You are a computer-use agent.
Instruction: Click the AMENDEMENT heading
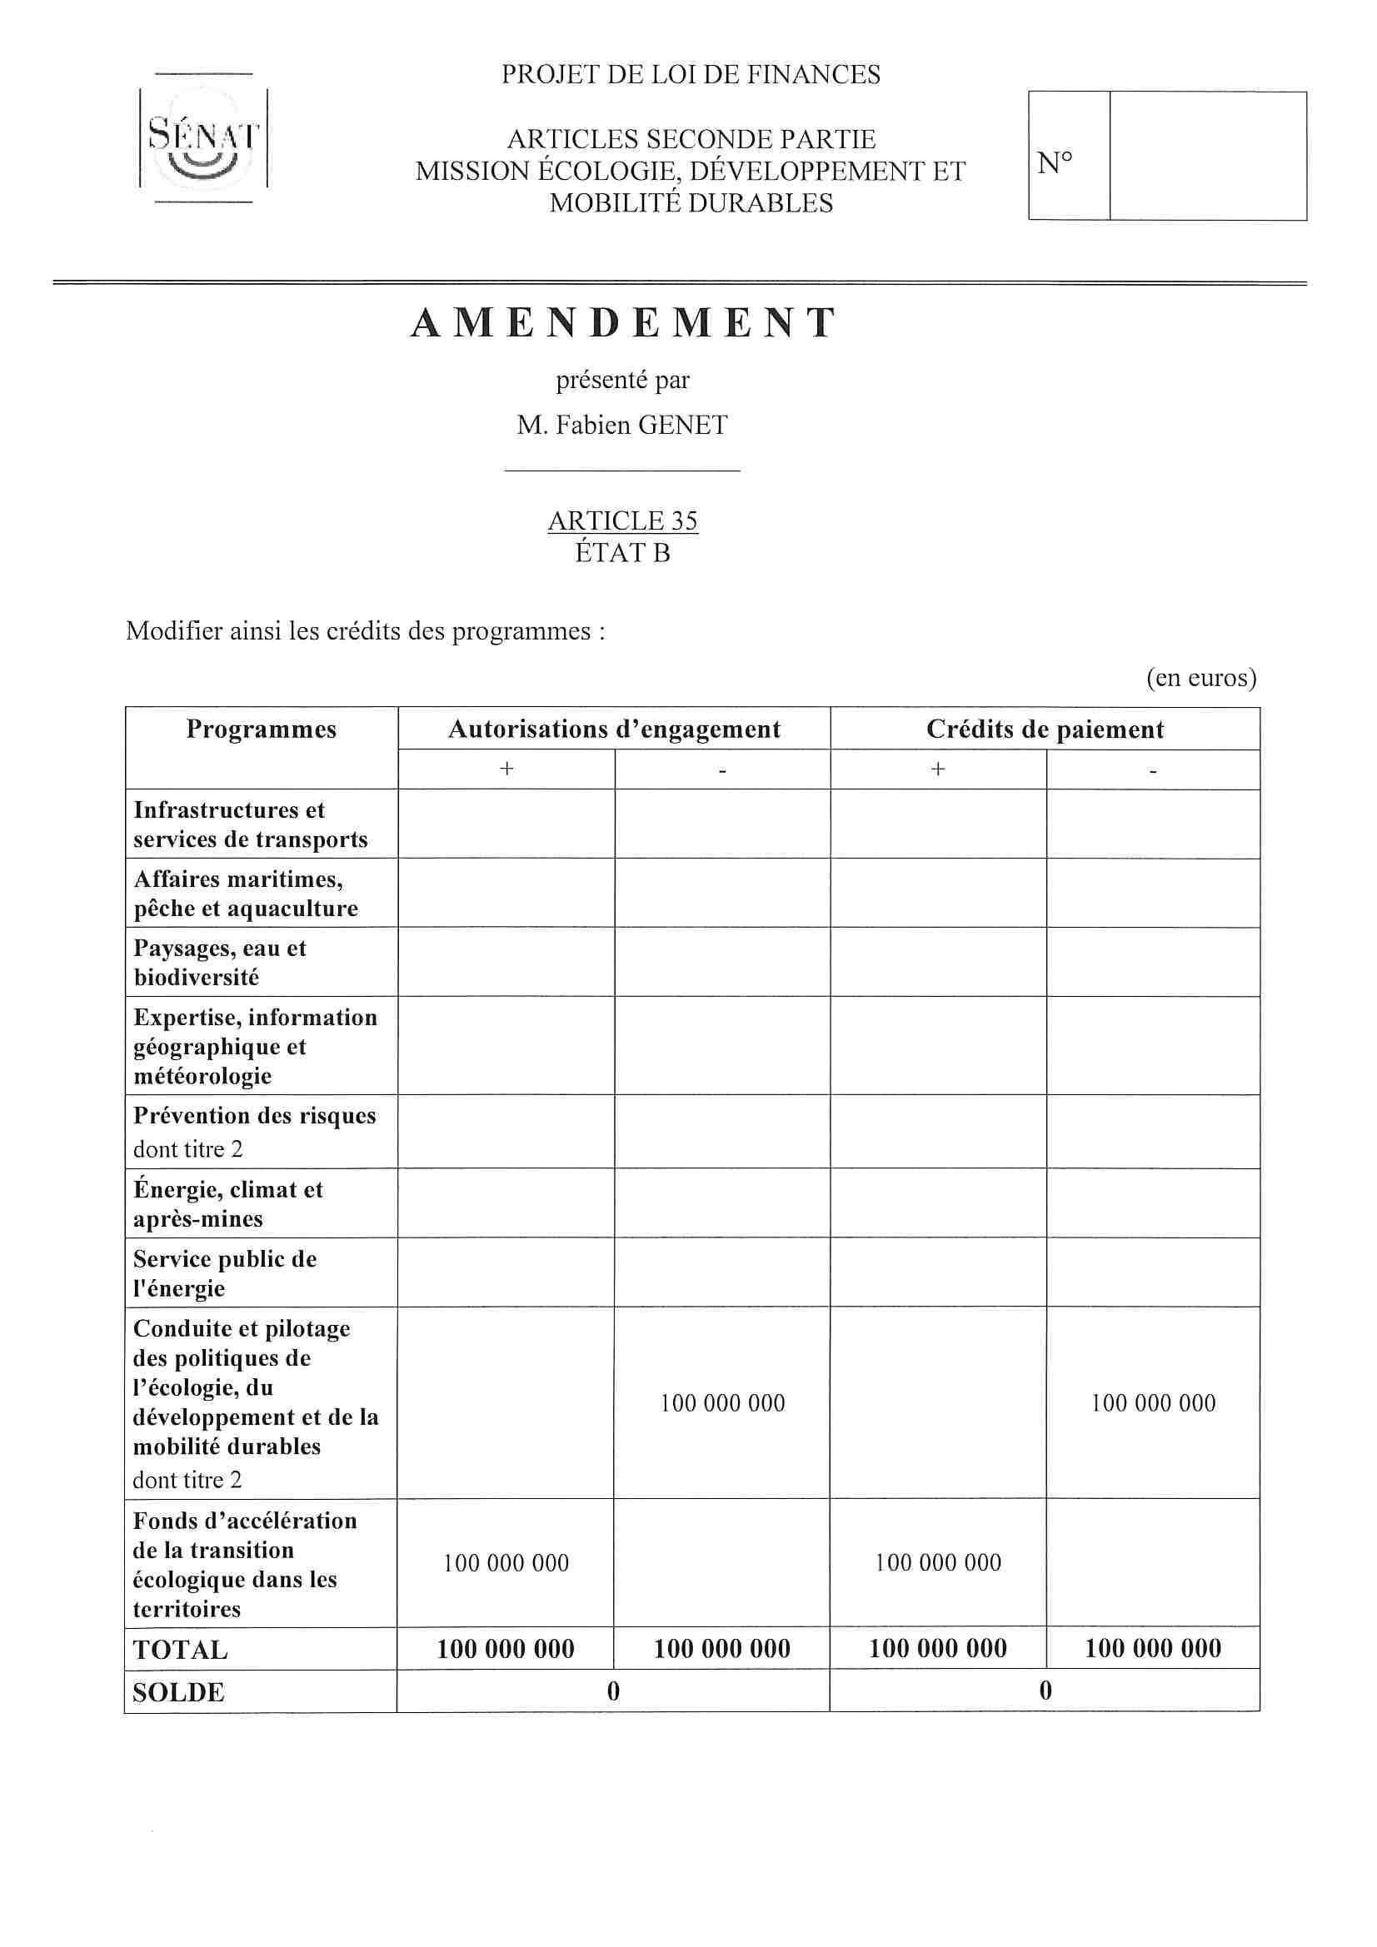click(624, 323)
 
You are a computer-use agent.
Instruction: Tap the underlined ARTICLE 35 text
click(623, 520)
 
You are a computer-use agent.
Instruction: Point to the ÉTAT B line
click(623, 553)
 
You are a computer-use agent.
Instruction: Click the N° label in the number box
click(1055, 161)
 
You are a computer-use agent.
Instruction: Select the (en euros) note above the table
click(1200, 678)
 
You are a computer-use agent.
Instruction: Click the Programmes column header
click(262, 730)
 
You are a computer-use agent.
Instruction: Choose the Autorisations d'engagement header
click(613, 730)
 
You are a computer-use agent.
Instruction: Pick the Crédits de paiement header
click(1045, 730)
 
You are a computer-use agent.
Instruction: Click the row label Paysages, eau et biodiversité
click(219, 963)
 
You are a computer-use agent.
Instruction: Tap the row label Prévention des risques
click(254, 1116)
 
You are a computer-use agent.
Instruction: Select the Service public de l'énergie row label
click(224, 1273)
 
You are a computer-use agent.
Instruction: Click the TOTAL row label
click(180, 1651)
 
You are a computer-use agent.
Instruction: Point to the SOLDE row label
click(178, 1693)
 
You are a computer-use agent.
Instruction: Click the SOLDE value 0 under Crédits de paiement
click(1045, 1691)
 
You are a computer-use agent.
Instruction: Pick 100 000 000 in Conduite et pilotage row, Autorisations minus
click(722, 1403)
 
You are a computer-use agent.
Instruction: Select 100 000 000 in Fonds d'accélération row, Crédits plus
click(937, 1563)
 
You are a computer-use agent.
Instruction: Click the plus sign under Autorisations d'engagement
click(506, 769)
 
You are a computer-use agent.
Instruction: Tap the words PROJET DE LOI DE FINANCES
click(691, 75)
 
